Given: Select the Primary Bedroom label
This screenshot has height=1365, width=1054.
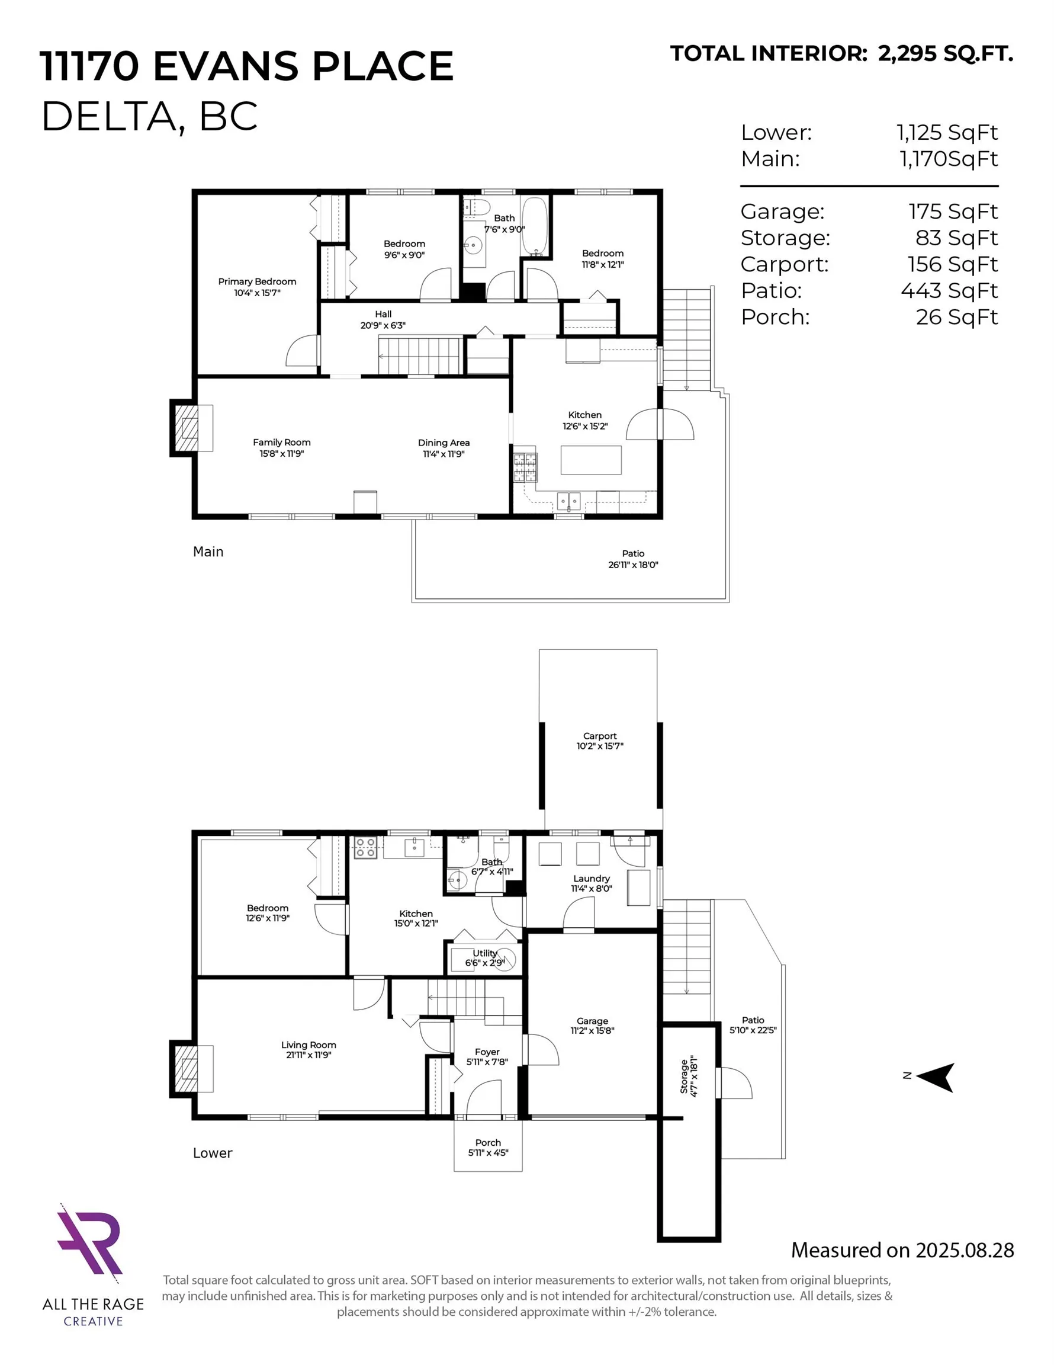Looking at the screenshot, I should [257, 282].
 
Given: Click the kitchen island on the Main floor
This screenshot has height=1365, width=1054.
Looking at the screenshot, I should [590, 460].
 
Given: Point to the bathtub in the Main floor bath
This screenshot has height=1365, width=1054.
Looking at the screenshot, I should [534, 226].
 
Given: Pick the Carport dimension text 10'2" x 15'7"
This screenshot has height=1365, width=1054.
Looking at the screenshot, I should [599, 746].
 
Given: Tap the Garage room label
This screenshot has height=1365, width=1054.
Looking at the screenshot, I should [592, 1021].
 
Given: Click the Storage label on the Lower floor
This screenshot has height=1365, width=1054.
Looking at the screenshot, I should [683, 1076].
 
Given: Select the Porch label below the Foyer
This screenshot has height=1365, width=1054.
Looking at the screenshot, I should [488, 1142].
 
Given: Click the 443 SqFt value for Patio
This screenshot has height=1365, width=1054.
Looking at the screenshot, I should [949, 291].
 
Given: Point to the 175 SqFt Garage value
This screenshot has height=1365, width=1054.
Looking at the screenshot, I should [952, 212].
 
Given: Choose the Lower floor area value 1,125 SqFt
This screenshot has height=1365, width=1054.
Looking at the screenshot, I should [947, 133].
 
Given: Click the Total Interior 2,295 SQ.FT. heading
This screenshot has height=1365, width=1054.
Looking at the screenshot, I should [841, 54].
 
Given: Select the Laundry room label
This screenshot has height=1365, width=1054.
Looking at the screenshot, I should [591, 878].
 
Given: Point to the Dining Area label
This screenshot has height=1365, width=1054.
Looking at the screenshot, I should [444, 443].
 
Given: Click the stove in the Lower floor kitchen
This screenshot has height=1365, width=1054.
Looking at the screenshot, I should [365, 848].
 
